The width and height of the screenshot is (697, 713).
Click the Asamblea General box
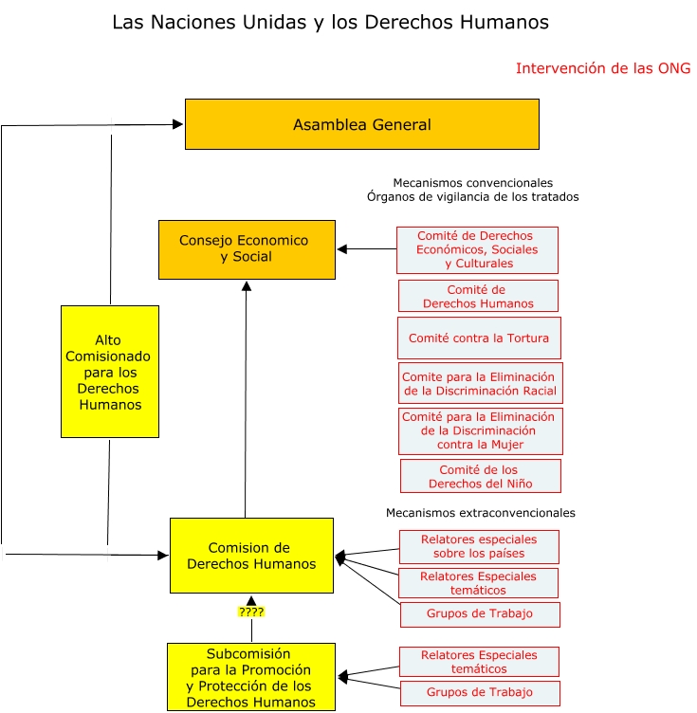361,124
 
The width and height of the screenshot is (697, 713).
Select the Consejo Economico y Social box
247,249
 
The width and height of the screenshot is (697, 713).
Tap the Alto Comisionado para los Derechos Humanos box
110,371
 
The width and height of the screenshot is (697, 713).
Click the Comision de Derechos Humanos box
251,556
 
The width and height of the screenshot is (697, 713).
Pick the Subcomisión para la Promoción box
251,677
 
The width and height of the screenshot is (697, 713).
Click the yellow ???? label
251,612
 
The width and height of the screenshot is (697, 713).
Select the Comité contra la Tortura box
478,338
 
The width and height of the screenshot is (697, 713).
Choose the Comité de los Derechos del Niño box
480,476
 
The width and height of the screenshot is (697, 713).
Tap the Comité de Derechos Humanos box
478,296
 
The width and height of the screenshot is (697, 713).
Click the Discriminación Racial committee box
480,383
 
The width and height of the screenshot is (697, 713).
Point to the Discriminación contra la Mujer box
480,430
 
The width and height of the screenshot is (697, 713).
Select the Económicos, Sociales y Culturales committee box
477,249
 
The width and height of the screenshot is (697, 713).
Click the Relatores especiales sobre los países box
479,546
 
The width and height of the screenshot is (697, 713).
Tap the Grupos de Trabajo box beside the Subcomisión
480,692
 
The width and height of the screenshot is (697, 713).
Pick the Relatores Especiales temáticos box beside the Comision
478,583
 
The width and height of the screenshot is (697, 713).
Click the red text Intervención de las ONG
603,68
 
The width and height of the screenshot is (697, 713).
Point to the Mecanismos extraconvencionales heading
481,513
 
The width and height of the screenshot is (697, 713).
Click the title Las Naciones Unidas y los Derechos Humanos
330,21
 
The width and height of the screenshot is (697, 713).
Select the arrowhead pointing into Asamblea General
178,123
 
